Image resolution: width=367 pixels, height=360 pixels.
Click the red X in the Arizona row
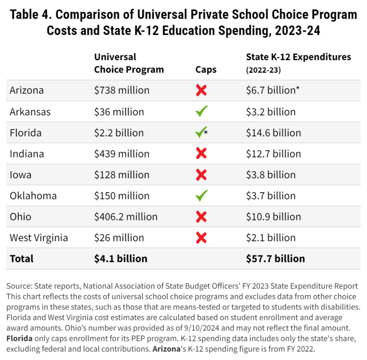[x=201, y=90]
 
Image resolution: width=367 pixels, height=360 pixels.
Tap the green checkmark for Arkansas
[x=201, y=112]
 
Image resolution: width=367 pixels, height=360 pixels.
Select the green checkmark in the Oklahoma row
[x=201, y=196]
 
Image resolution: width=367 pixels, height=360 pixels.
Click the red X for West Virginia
[x=201, y=238]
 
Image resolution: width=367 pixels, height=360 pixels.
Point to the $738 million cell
[x=121, y=90]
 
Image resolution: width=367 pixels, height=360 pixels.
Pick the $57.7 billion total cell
[x=275, y=259]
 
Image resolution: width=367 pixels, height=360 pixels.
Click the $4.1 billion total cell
[x=120, y=259]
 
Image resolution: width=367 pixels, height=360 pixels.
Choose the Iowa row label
[x=21, y=175]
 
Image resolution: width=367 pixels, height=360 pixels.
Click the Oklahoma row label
[x=33, y=196]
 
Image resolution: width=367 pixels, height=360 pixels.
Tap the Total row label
[x=22, y=259]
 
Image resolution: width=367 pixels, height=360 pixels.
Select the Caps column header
[x=206, y=70]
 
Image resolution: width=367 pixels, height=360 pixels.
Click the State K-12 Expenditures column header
[x=298, y=57]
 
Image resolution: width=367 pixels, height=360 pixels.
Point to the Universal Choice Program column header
[x=129, y=63]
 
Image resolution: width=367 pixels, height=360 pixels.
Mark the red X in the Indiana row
[x=201, y=154]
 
